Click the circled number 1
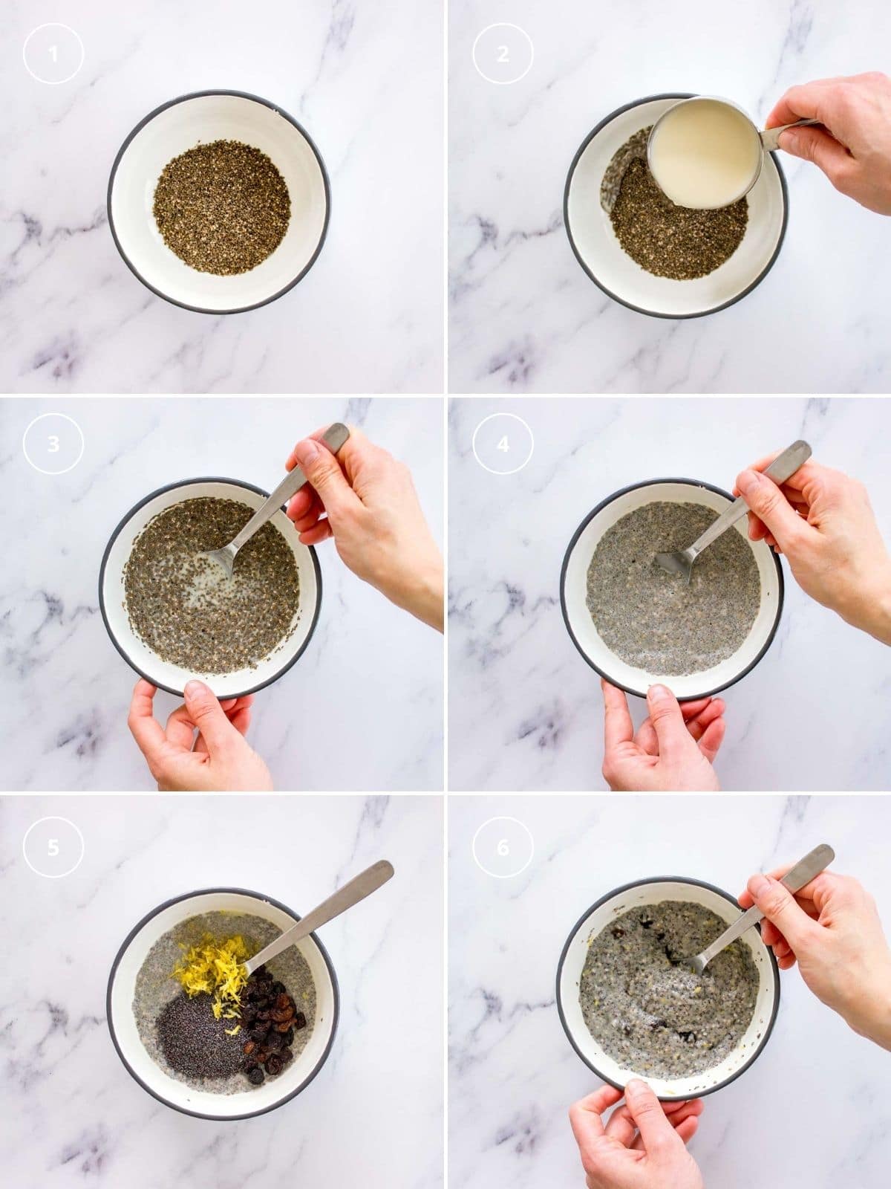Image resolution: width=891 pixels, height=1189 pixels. point(53,54)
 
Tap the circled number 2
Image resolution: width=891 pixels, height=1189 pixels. point(503,54)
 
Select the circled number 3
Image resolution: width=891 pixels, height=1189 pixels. point(53,444)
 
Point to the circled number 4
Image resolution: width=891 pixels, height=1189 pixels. point(503,444)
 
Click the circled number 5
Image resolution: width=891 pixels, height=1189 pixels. point(53,846)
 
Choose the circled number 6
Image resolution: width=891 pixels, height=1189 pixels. point(503,846)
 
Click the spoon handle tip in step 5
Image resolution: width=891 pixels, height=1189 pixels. point(384,869)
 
